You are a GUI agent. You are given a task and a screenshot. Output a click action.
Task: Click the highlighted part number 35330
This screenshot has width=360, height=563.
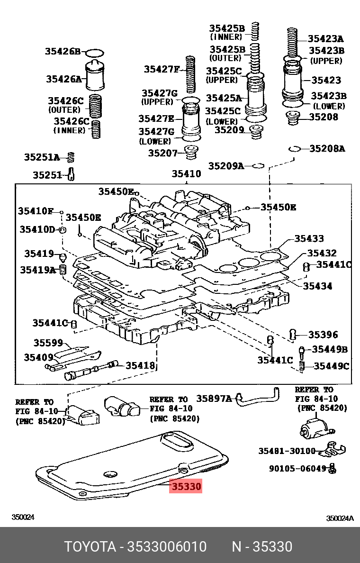pos(186,486)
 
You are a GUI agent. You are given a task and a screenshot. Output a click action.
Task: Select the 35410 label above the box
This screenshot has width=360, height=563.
pos(186,174)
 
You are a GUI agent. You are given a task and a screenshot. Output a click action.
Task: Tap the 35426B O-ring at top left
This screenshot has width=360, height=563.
pos(96,52)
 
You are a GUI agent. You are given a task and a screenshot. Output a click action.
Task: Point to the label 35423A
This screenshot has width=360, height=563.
pos(325,39)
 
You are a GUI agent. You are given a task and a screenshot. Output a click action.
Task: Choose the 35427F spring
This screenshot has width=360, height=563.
pos(191,74)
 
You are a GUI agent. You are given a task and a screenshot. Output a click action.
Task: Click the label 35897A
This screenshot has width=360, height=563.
pos(214,399)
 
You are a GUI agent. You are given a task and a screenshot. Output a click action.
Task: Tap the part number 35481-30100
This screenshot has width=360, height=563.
pos(287,451)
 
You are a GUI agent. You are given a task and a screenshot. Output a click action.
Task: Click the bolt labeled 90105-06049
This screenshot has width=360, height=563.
pos(333,468)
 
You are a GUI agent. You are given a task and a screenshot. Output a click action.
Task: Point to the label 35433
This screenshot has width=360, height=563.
pos(309,239)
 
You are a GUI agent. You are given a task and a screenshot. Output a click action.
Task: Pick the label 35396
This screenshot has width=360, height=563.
pos(323,335)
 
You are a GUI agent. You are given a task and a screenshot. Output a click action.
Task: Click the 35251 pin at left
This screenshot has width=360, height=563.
pos(71,175)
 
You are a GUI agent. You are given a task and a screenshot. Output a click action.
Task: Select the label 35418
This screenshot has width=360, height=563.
pos(140,365)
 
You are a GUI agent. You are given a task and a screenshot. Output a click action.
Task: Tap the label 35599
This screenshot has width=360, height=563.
pos(48,342)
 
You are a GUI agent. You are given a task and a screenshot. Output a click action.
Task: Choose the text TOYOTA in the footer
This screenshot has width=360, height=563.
pos(90,546)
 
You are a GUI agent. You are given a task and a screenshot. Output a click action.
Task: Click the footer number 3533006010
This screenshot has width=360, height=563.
pos(166,546)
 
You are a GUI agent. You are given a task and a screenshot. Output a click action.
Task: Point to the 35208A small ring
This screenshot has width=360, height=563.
pos(294,149)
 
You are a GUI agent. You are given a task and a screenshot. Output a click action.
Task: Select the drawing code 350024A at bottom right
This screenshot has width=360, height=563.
pos(340,518)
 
